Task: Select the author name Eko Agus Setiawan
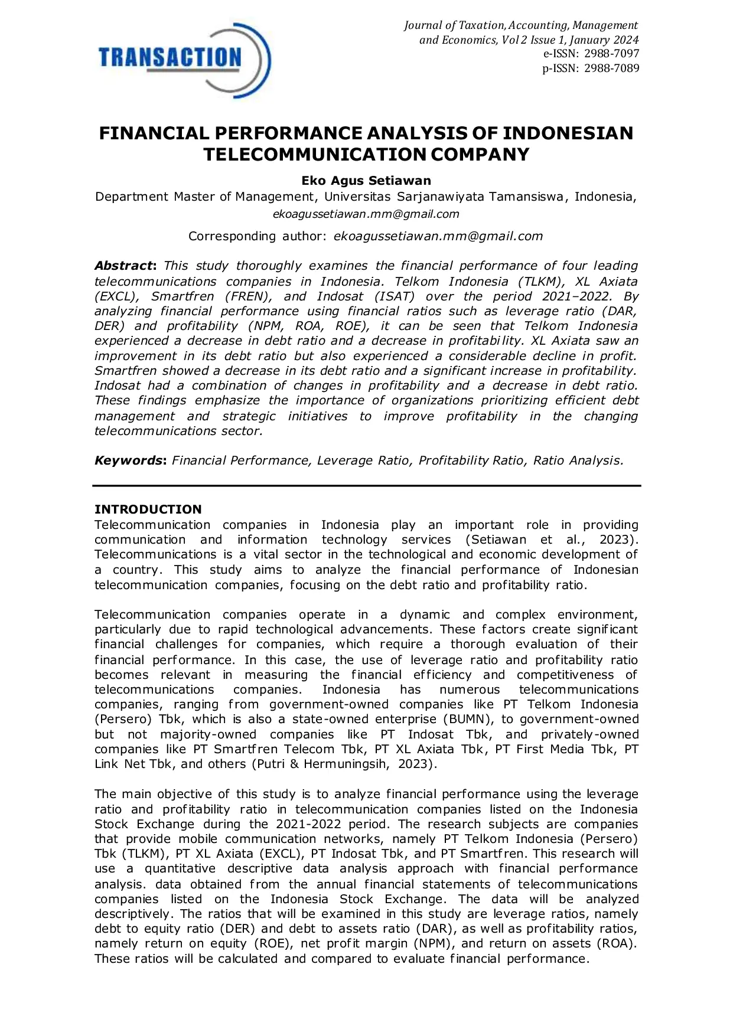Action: [366, 181]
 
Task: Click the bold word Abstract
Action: [124, 266]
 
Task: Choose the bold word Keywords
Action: [129, 460]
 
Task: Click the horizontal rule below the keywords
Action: [366, 485]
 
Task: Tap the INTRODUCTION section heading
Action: [148, 509]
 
